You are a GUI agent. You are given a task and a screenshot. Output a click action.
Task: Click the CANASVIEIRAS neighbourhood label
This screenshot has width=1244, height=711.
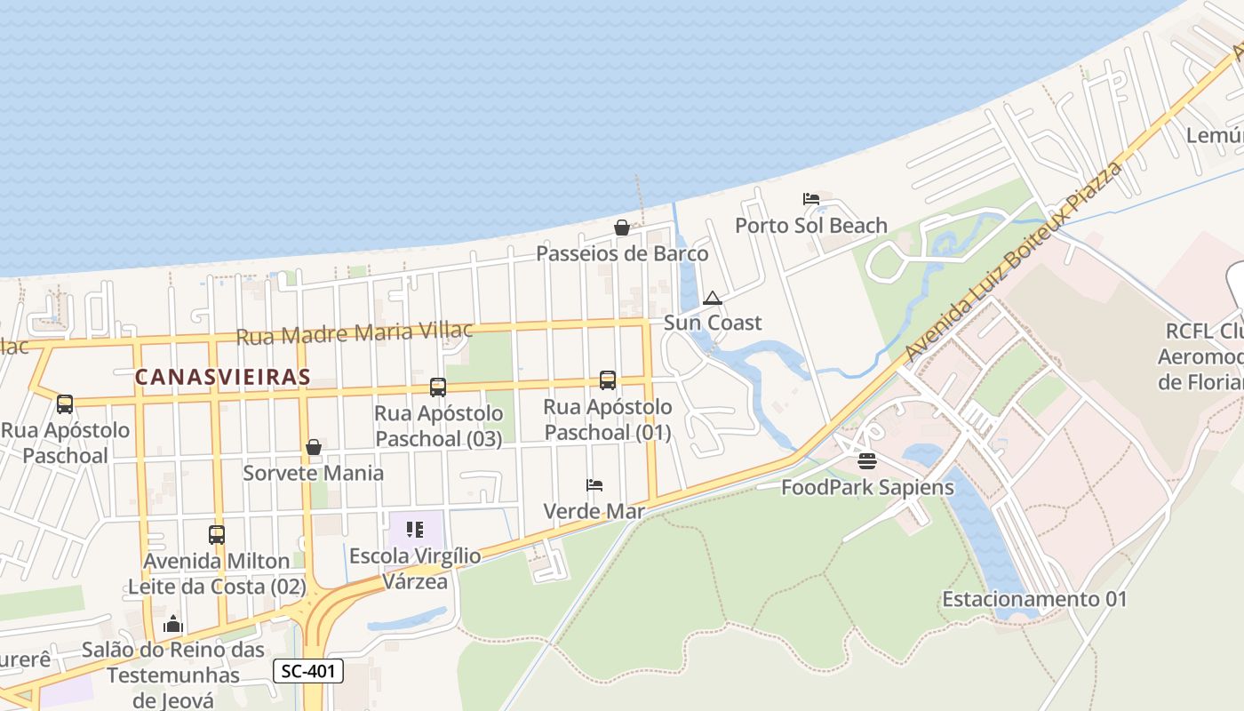(222, 377)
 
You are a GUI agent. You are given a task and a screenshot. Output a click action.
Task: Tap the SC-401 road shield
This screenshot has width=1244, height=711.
(307, 671)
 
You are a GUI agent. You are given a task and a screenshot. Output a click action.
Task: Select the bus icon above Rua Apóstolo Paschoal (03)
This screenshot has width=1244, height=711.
(437, 387)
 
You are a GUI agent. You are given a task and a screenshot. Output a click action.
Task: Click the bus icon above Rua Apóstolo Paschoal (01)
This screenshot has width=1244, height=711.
(608, 380)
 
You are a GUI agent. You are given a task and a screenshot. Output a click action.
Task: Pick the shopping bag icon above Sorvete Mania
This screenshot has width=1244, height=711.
(314, 447)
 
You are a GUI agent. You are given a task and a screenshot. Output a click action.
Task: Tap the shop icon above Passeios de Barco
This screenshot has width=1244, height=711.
(622, 228)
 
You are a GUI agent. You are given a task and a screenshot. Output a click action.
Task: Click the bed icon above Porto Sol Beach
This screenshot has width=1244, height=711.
(810, 198)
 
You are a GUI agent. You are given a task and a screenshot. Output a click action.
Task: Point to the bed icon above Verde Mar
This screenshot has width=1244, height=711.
(594, 485)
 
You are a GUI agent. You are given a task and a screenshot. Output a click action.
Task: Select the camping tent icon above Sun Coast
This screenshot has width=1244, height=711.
(712, 298)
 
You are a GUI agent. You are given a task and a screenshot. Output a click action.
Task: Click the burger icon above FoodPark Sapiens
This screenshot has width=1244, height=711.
(867, 461)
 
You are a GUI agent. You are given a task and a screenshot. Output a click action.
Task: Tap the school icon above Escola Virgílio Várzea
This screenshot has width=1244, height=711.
(414, 530)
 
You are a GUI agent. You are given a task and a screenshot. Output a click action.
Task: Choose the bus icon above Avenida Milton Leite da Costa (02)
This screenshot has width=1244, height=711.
(217, 535)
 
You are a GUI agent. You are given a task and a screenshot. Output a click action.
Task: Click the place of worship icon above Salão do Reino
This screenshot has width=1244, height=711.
(173, 624)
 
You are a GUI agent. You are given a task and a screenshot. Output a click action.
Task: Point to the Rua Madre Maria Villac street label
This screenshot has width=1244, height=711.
(355, 333)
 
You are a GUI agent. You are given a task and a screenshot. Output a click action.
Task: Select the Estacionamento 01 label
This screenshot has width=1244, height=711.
(1034, 599)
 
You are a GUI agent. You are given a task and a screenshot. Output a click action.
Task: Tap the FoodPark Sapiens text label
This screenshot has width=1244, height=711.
(867, 487)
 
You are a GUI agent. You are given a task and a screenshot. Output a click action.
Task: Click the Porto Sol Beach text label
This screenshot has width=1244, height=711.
(810, 226)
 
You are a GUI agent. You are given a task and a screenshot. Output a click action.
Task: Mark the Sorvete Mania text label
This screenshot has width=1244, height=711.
(314, 473)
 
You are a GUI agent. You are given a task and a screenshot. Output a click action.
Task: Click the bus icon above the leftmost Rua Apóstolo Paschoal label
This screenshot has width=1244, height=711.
(65, 404)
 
